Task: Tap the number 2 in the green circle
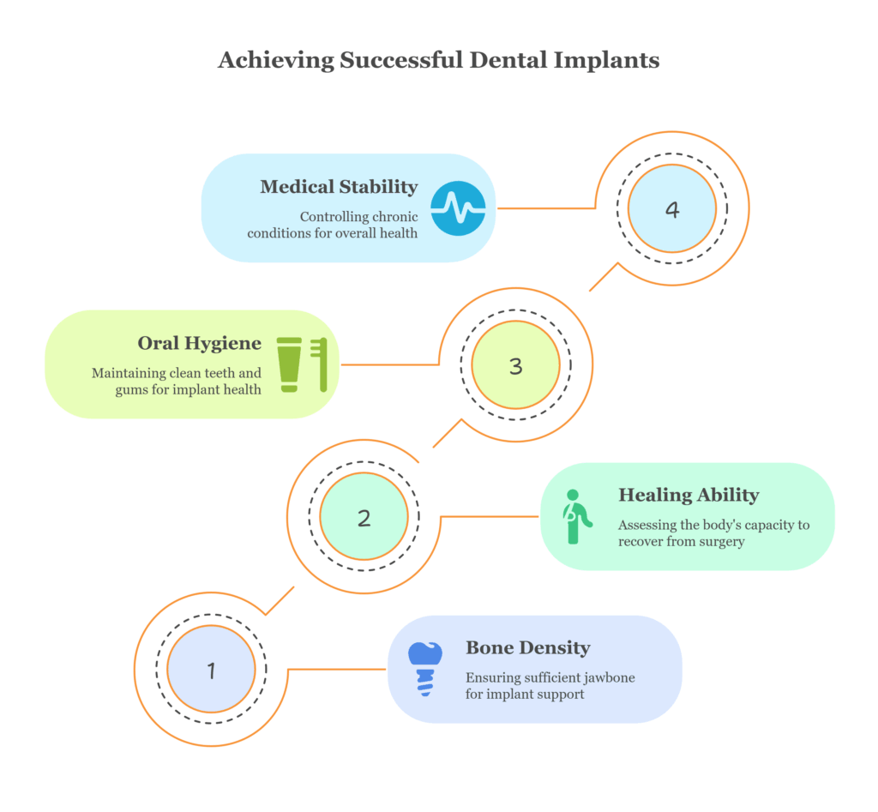(x=364, y=518)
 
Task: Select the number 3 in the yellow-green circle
(x=515, y=366)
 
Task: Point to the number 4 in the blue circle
(x=672, y=209)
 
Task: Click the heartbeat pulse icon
(x=458, y=208)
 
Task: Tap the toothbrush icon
(x=321, y=364)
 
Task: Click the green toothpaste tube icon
(x=289, y=364)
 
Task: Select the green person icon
(x=574, y=516)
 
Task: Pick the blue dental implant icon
(x=424, y=668)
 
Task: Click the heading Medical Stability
(x=339, y=187)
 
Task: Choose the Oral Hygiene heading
(x=199, y=344)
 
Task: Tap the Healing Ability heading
(x=688, y=496)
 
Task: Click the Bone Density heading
(x=527, y=648)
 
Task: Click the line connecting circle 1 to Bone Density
(x=337, y=669)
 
